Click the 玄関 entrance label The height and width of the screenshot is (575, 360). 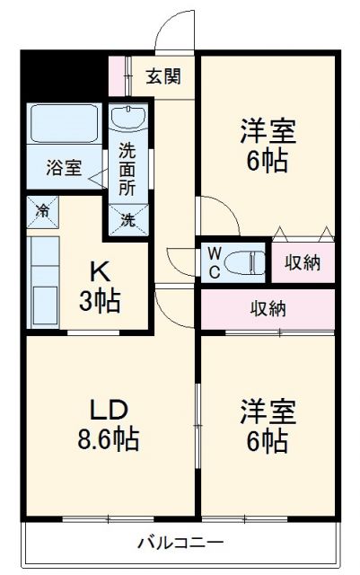[163, 76]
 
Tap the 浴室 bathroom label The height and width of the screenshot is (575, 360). [64, 168]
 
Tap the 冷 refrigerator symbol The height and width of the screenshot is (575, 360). [42, 212]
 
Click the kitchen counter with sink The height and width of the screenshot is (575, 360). [43, 284]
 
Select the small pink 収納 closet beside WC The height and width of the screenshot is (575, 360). [303, 262]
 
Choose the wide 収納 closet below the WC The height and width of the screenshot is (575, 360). [268, 309]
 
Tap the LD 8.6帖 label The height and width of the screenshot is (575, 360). [108, 426]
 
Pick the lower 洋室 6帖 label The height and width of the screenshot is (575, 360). [268, 426]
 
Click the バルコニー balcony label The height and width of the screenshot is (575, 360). [180, 542]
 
